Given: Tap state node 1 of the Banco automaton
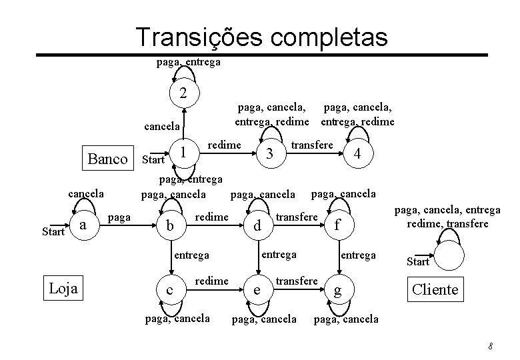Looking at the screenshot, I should [x=182, y=153].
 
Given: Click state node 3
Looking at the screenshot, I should [x=269, y=153].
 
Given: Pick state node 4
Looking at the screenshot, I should [x=358, y=153].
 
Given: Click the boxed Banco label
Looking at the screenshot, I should [x=107, y=159].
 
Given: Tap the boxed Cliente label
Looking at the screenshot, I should [x=435, y=289].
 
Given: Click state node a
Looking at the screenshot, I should [x=83, y=225].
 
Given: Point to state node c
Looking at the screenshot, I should [x=171, y=290].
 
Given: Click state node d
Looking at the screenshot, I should [x=257, y=227].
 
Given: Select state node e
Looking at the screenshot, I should [x=257, y=291].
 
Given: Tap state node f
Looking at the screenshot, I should [x=338, y=227].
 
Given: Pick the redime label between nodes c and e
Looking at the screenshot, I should [x=212, y=281].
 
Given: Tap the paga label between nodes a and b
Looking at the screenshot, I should [x=119, y=217].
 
